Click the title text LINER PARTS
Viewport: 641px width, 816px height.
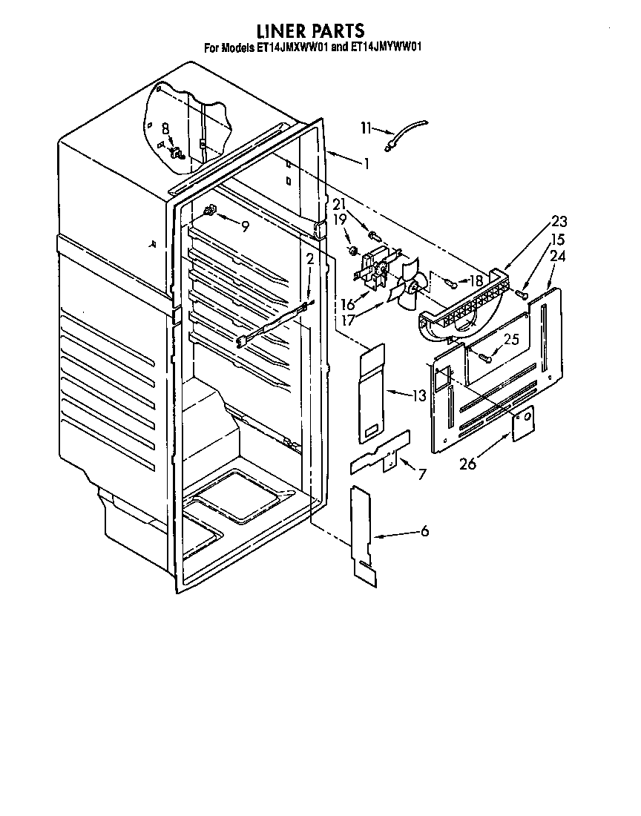(x=310, y=30)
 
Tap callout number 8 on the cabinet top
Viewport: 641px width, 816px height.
(x=165, y=128)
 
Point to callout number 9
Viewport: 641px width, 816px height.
(x=244, y=227)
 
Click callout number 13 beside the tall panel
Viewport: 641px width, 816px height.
(x=419, y=395)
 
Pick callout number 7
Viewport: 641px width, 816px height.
(x=421, y=474)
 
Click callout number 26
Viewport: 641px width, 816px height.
(x=467, y=465)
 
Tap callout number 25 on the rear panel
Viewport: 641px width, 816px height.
(x=512, y=339)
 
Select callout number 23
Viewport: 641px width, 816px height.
(x=558, y=220)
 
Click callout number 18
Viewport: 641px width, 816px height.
(x=475, y=281)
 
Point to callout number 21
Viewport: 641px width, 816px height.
(x=338, y=204)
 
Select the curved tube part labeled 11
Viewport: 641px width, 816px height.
(x=407, y=138)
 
